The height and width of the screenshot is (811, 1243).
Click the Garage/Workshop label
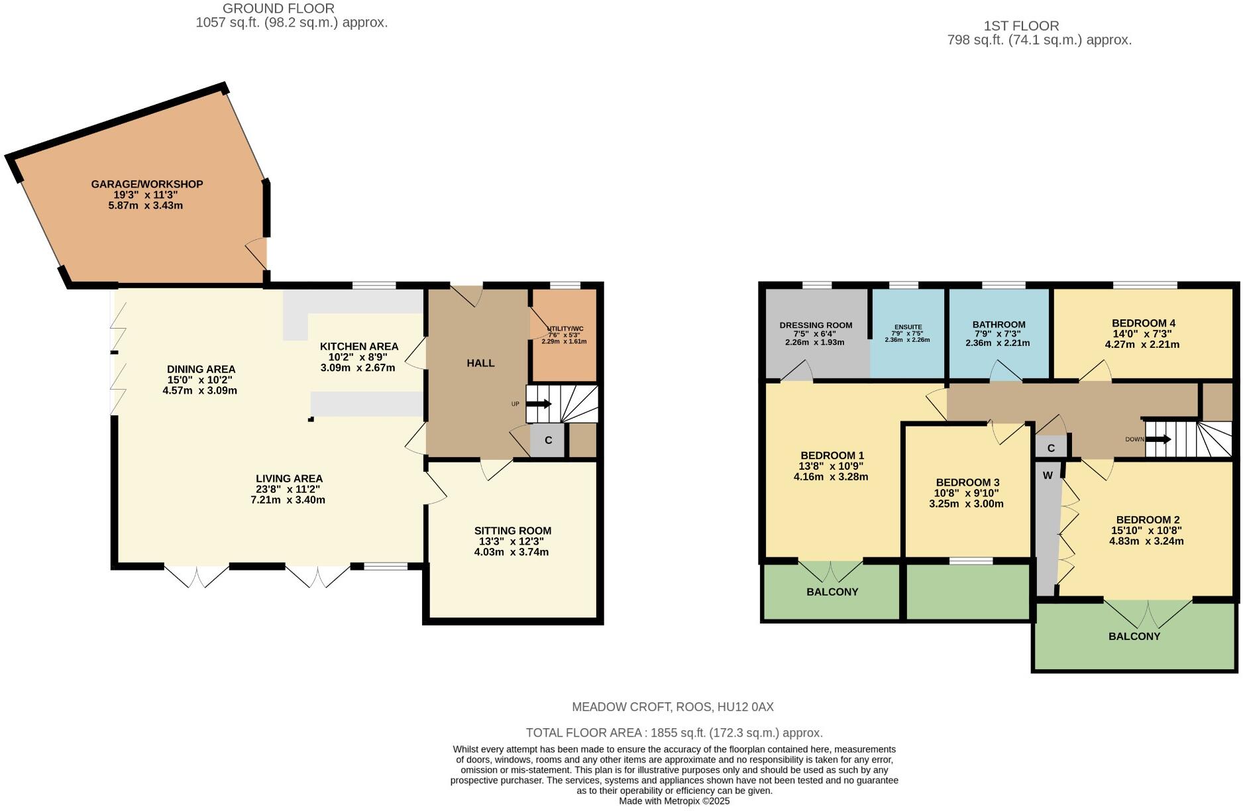pos(146,184)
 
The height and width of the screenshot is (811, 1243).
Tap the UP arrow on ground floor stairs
pos(539,404)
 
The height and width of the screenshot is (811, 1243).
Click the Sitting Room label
pos(512,531)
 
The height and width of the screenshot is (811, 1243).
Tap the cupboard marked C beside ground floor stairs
pos(548,441)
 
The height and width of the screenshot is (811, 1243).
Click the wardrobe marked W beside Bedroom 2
pos(1048,476)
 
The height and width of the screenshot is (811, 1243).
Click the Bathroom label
pos(999,325)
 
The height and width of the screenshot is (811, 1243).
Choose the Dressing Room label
pos(816,325)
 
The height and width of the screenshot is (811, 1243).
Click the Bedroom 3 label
pos(967,482)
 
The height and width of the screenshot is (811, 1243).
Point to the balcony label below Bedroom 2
pos(1134,636)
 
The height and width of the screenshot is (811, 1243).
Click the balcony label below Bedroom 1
pos(832,592)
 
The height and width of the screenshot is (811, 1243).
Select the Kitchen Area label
pos(358,347)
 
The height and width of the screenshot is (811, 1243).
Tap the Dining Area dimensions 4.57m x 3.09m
pos(199,391)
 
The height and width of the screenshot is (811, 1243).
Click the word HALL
pos(480,363)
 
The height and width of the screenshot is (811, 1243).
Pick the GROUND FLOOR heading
pos(278,9)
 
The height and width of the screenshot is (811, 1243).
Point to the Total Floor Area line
pos(674,733)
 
